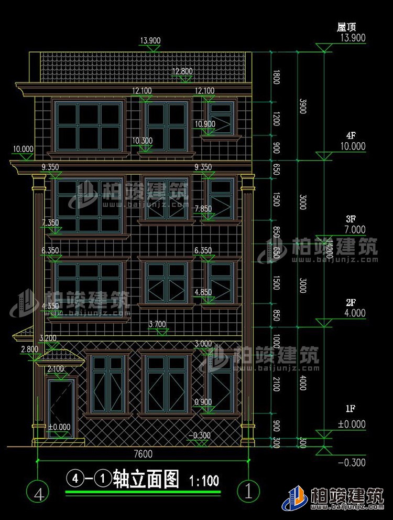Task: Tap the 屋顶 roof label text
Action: click(347, 27)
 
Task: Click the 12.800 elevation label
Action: click(183, 71)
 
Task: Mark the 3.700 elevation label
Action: click(157, 324)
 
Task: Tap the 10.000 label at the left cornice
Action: click(23, 149)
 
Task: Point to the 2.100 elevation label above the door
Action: click(56, 369)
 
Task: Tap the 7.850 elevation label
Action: click(203, 209)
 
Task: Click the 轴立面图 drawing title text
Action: click(146, 479)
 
